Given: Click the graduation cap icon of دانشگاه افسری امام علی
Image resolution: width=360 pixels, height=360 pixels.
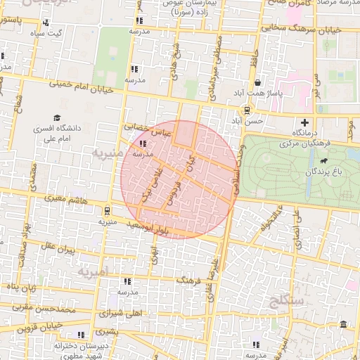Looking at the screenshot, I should point(56,117).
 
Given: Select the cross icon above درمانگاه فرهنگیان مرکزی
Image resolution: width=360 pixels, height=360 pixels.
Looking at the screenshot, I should point(304,122).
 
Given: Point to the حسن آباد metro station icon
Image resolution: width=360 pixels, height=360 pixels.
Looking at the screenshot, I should point(247,110).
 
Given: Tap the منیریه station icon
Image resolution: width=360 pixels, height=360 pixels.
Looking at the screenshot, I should point(106,210).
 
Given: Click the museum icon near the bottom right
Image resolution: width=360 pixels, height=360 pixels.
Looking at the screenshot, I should point(343,324).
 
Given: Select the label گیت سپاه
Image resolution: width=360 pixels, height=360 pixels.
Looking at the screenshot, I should point(49,33).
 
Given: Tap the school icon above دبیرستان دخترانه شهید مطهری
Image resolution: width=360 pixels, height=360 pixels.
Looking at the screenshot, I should point(82,334).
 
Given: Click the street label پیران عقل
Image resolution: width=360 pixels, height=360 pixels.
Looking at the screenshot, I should point(58,247).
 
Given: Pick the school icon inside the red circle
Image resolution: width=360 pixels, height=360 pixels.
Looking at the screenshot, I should point(144,144).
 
